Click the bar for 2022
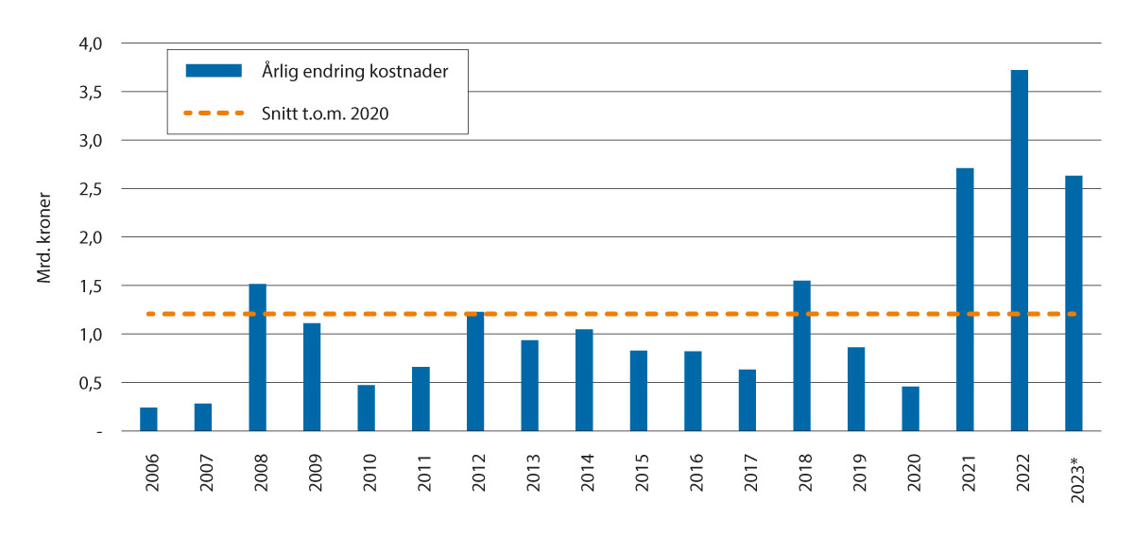(1020, 251)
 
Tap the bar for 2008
(258, 357)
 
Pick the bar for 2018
(802, 356)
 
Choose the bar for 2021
(965, 300)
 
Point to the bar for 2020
(911, 409)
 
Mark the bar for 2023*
(1074, 304)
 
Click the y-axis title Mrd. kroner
(43, 238)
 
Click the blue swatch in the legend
(213, 72)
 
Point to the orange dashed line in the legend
(213, 113)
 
